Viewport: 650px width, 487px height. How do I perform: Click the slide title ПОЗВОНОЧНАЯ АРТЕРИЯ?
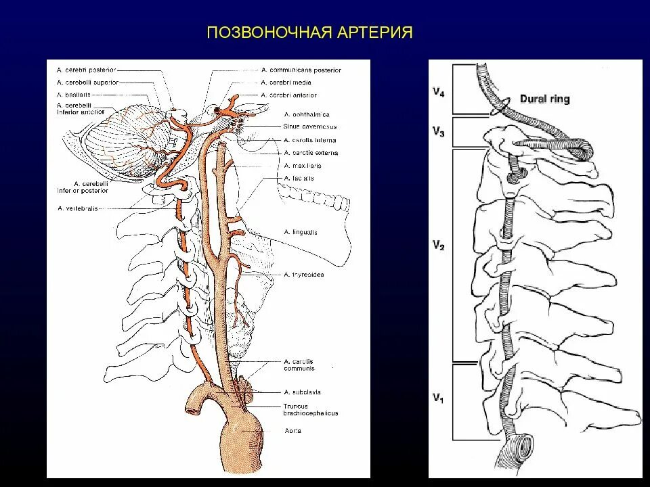(309, 33)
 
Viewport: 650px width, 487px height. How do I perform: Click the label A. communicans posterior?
(301, 70)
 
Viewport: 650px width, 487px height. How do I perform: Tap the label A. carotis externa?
(311, 153)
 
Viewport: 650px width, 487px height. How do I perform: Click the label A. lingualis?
(301, 232)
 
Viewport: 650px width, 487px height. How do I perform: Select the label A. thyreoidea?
(304, 275)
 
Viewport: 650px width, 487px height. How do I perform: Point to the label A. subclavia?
(303, 392)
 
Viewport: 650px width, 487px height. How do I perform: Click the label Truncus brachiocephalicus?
(311, 409)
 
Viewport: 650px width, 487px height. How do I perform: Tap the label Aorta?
(293, 430)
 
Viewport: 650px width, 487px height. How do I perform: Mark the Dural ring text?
(545, 99)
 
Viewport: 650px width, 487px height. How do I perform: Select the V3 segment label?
(439, 133)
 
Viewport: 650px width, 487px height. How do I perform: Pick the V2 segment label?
(439, 247)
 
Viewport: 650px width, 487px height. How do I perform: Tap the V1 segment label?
(439, 398)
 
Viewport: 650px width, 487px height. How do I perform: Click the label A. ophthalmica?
(307, 114)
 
